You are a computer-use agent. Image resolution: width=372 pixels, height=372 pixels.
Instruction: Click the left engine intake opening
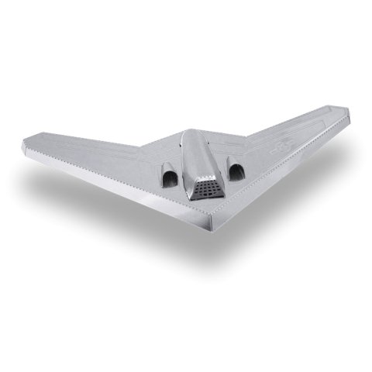pos(168,180)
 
